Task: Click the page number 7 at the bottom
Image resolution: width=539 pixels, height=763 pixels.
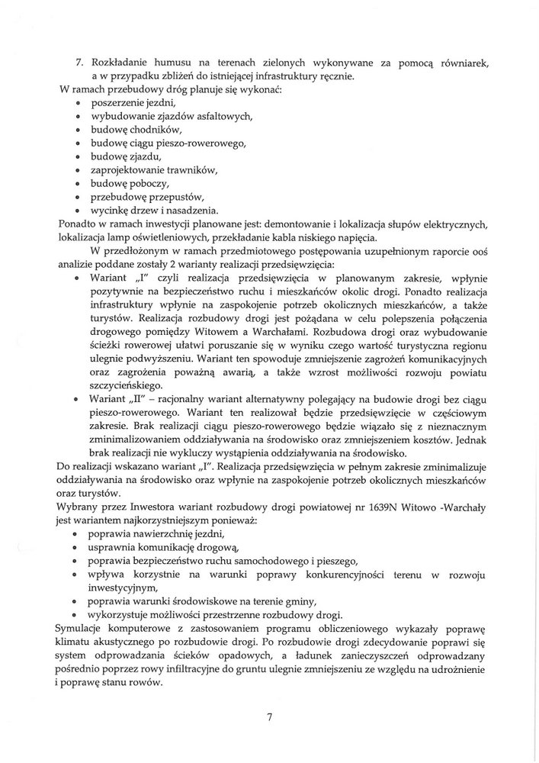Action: (269, 717)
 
